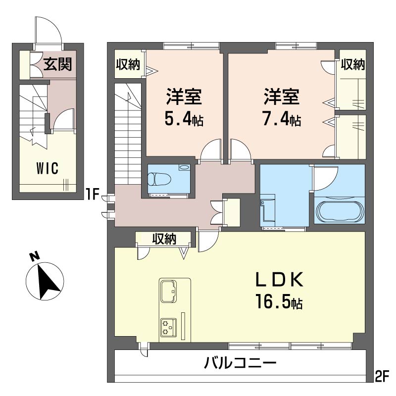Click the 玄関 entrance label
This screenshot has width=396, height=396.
point(58,64)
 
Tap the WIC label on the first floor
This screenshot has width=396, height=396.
point(48,168)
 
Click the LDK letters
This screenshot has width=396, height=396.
point(280,280)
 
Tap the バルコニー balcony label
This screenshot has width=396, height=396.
point(240,364)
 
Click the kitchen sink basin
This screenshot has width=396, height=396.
point(169,291)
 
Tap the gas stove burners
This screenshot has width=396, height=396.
point(168,327)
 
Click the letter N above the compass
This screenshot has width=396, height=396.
point(35,256)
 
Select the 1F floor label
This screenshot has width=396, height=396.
point(93,195)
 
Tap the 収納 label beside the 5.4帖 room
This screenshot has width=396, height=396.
point(128,64)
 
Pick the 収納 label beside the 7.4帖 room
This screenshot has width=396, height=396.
point(353,64)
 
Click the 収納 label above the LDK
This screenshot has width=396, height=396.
point(164,238)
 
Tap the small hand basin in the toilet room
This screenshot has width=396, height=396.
point(184,167)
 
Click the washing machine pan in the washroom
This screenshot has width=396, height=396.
point(268,207)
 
